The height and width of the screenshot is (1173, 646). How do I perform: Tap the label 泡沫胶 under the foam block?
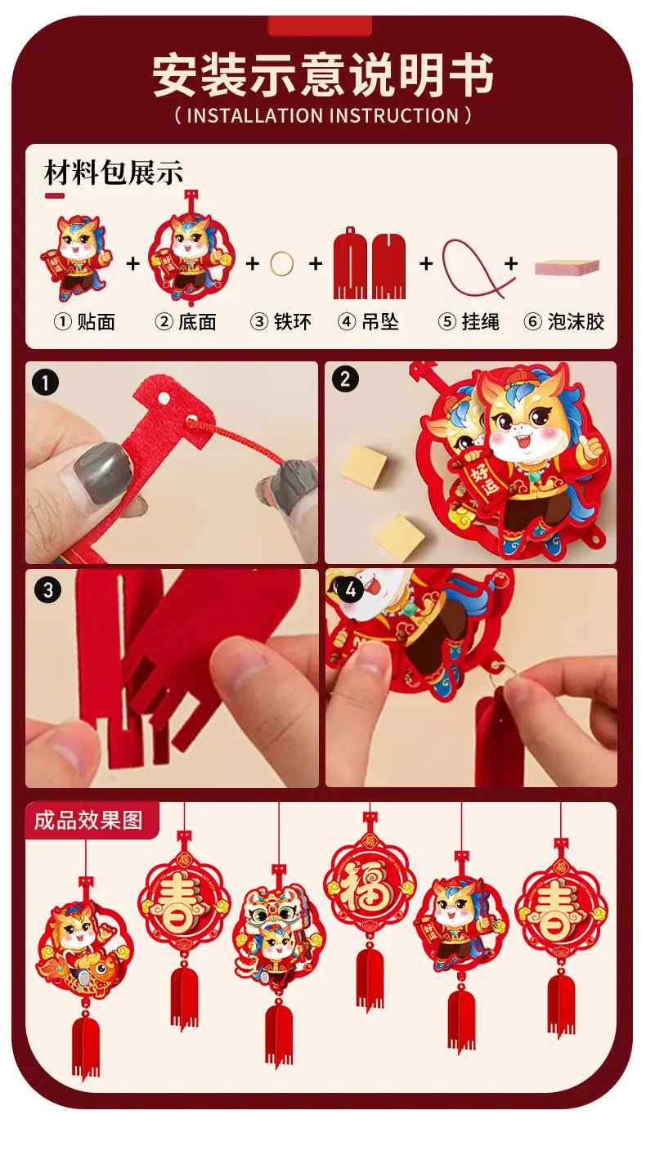pos(576,321)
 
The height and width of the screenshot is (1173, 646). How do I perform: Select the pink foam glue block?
pos(567,267)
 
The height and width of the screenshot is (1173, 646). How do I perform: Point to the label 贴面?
pos(96,321)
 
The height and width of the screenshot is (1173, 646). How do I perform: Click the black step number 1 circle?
pos(46,383)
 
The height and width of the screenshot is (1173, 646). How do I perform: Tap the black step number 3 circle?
pos(48,590)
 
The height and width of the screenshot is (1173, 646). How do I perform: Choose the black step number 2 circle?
pos(345,379)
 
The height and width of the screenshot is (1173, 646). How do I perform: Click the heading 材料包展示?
pos(113,172)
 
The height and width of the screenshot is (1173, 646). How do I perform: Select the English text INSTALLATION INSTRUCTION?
pos(323,115)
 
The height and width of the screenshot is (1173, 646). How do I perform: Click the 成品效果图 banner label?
pos(88,821)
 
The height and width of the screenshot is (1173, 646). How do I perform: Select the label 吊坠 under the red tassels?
pos(380,321)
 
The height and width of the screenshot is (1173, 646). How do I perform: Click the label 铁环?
pos(293,321)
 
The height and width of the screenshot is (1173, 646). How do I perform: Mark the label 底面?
pos(197,321)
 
